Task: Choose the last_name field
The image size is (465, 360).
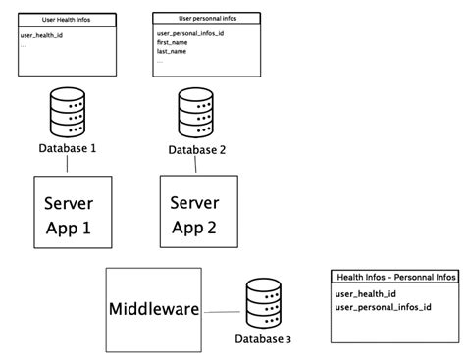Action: pyautogui.click(x=171, y=51)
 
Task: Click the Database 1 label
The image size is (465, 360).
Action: pyautogui.click(x=67, y=148)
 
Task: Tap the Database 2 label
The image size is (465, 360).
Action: pyautogui.click(x=196, y=149)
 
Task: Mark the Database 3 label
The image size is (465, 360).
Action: pyautogui.click(x=263, y=339)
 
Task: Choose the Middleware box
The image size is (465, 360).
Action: pyautogui.click(x=153, y=309)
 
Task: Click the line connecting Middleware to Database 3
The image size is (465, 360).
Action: pyautogui.click(x=222, y=313)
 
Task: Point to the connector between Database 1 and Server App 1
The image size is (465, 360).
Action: pyautogui.click(x=67, y=166)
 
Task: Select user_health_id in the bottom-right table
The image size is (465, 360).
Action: pyautogui.click(x=365, y=293)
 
